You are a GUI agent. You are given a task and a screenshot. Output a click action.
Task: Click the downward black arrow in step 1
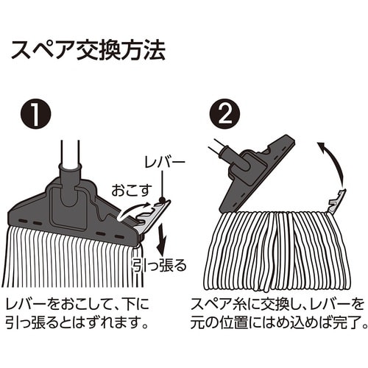tap(160, 237)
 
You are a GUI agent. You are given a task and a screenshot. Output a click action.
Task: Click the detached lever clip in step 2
tap(336, 201)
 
